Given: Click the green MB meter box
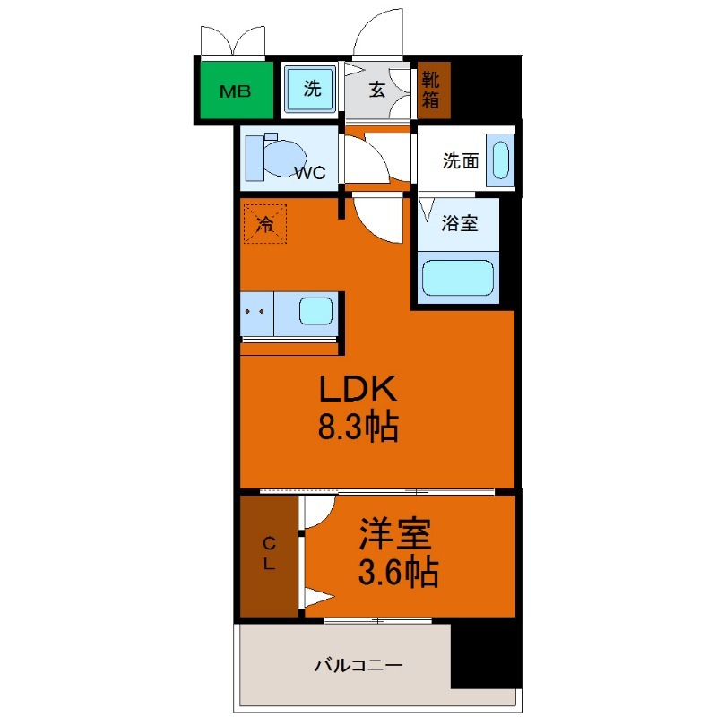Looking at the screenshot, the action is point(236,91).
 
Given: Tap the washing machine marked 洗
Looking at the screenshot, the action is point(310,88).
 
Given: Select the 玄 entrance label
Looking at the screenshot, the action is point(376,90).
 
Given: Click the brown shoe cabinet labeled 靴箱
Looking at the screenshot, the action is point(434,90).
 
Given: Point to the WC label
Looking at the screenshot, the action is point(309,172).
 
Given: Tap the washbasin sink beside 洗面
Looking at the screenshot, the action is point(500,160).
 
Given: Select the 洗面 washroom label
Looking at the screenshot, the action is point(461,160).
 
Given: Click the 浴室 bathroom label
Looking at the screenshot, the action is point(460,222).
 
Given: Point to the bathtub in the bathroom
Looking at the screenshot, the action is point(458,278).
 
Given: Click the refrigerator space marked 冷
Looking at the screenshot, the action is point(265,223).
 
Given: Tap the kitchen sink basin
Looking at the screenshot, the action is point(315,311).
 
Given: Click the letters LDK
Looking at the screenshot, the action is point(358,388).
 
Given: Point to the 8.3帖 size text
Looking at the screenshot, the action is point(358,427).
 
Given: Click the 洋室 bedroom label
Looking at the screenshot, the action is point(395,533).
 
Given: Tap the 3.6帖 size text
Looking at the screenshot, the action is point(398,572).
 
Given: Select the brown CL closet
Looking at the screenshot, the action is point(270,556).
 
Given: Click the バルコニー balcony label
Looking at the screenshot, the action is point(358,665).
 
